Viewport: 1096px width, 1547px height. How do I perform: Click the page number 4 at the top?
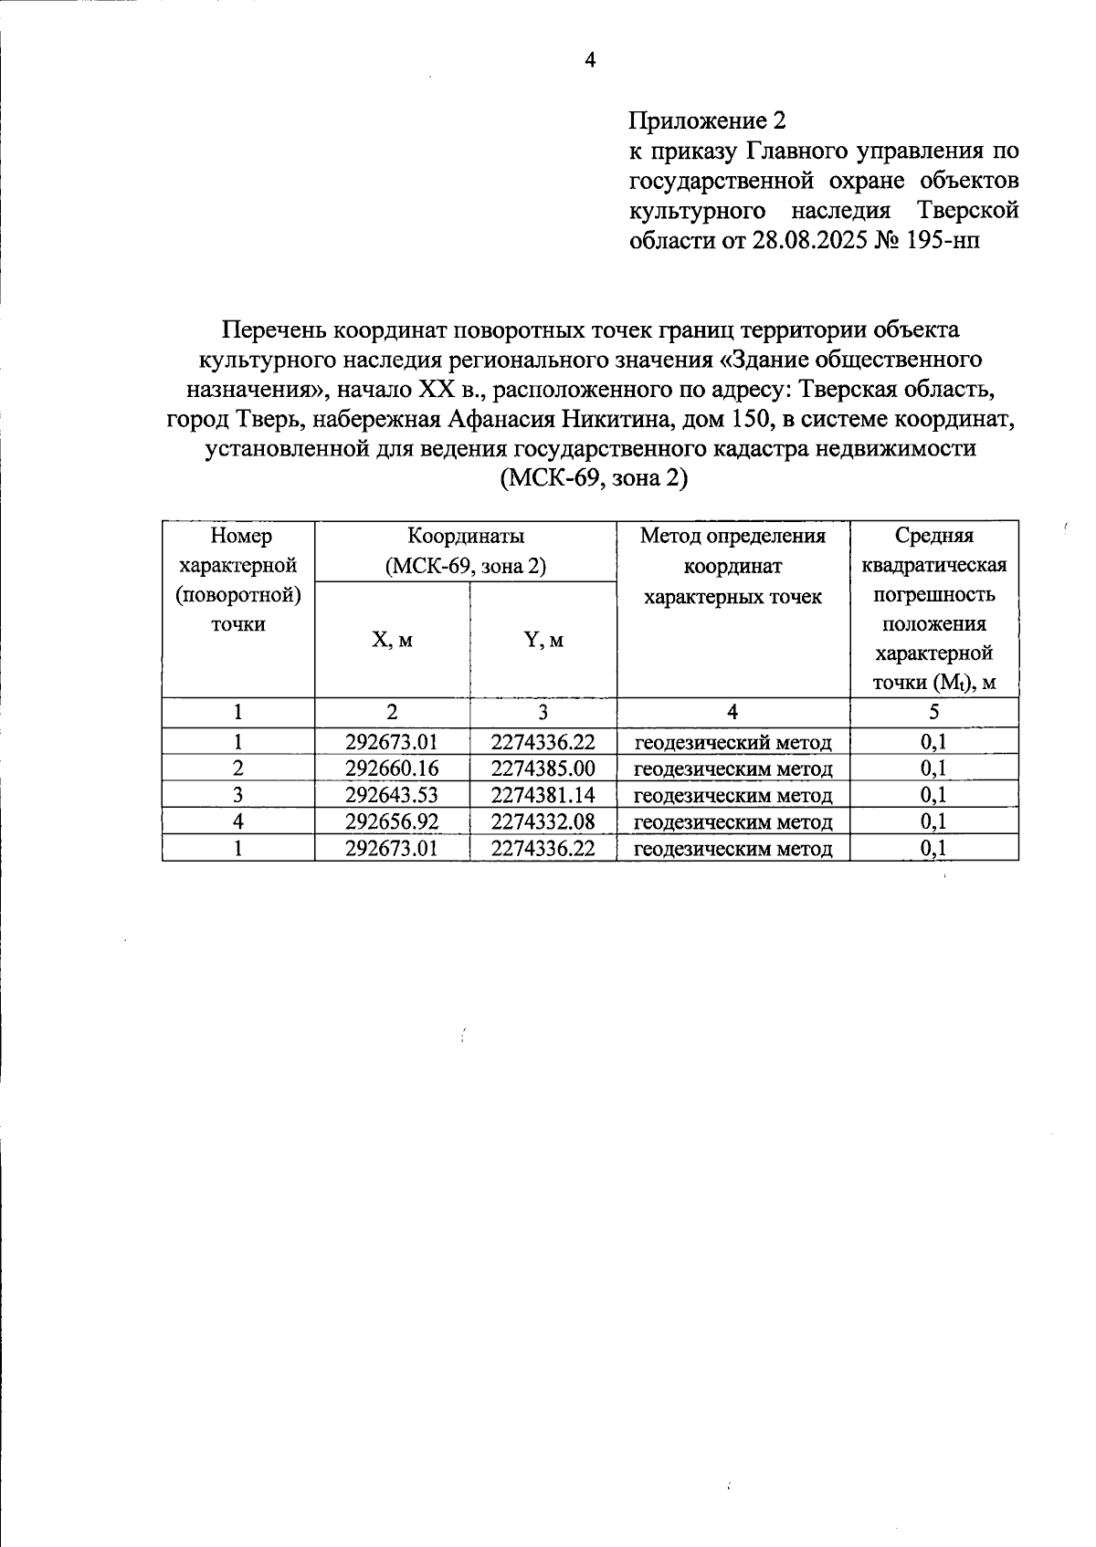590,61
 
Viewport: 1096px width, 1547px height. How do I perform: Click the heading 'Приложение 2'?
706,120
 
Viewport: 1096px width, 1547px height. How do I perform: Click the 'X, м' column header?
392,640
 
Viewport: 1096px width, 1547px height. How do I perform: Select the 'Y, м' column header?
543,640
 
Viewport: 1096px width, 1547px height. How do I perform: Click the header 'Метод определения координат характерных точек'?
732,566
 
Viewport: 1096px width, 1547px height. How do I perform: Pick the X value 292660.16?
392,768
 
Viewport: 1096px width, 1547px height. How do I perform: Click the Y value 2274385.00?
543,768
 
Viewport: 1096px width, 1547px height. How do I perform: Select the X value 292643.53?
392,795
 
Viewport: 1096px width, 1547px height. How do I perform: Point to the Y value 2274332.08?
543,821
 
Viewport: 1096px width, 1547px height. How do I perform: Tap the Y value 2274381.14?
543,795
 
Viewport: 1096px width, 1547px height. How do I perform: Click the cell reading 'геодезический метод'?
732,742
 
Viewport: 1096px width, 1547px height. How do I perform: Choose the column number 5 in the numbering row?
933,712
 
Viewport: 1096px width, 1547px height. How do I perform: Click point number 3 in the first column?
237,795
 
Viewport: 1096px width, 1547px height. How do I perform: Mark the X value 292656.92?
392,821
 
